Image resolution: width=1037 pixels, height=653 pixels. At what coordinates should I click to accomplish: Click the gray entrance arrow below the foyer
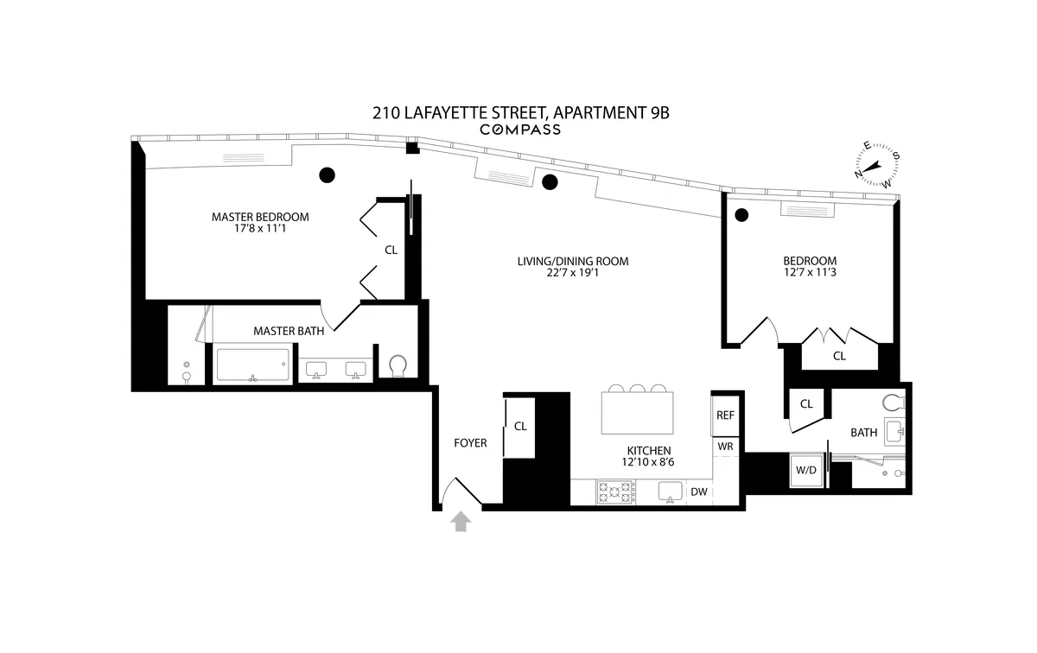461,521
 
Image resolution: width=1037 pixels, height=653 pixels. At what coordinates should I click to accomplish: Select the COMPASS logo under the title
519,130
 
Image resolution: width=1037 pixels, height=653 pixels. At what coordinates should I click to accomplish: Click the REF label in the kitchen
725,415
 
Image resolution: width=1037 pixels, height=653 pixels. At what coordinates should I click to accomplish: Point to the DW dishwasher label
699,492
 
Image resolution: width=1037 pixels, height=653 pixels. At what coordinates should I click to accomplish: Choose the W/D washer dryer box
805,471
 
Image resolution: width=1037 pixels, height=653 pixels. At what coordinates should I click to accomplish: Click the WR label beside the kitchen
725,447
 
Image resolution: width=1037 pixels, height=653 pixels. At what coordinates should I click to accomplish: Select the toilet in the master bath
398,367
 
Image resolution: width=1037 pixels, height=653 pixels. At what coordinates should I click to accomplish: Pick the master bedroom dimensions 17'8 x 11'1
260,229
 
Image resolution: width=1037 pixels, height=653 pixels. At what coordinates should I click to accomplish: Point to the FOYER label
470,443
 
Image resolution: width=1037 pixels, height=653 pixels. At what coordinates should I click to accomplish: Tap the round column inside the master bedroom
326,175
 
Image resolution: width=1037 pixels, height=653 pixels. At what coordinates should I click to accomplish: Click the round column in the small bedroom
741,215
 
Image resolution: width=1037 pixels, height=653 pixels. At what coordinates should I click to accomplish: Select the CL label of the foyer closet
520,426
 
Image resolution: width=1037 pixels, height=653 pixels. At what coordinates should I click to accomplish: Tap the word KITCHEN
649,450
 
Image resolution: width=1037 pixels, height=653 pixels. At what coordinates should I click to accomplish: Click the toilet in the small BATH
894,402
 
